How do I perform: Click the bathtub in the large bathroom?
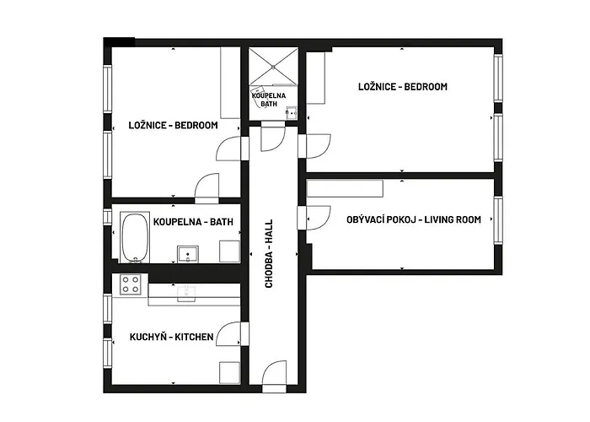135,237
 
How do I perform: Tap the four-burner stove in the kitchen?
130,284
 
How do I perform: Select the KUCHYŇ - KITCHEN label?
172,337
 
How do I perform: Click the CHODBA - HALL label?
269,253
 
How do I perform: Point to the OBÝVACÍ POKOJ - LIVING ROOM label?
414,219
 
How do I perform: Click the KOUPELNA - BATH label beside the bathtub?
193,221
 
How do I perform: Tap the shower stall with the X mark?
274,67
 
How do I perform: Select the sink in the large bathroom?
188,254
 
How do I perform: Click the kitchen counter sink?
186,294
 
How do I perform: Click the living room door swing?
319,218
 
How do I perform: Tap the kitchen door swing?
228,333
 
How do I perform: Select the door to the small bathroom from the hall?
273,138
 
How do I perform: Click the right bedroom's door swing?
319,146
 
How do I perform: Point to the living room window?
498,220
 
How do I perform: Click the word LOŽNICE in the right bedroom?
377,86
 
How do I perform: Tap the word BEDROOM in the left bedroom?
196,125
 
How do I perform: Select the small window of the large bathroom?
108,217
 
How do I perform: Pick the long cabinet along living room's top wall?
345,188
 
